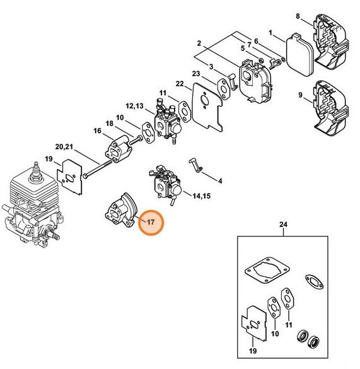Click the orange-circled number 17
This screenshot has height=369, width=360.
[151, 223]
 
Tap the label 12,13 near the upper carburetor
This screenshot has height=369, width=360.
[136, 105]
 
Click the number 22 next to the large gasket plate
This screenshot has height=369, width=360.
[180, 84]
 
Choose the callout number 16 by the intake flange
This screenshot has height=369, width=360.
[98, 131]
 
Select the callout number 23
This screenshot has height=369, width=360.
[196, 74]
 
